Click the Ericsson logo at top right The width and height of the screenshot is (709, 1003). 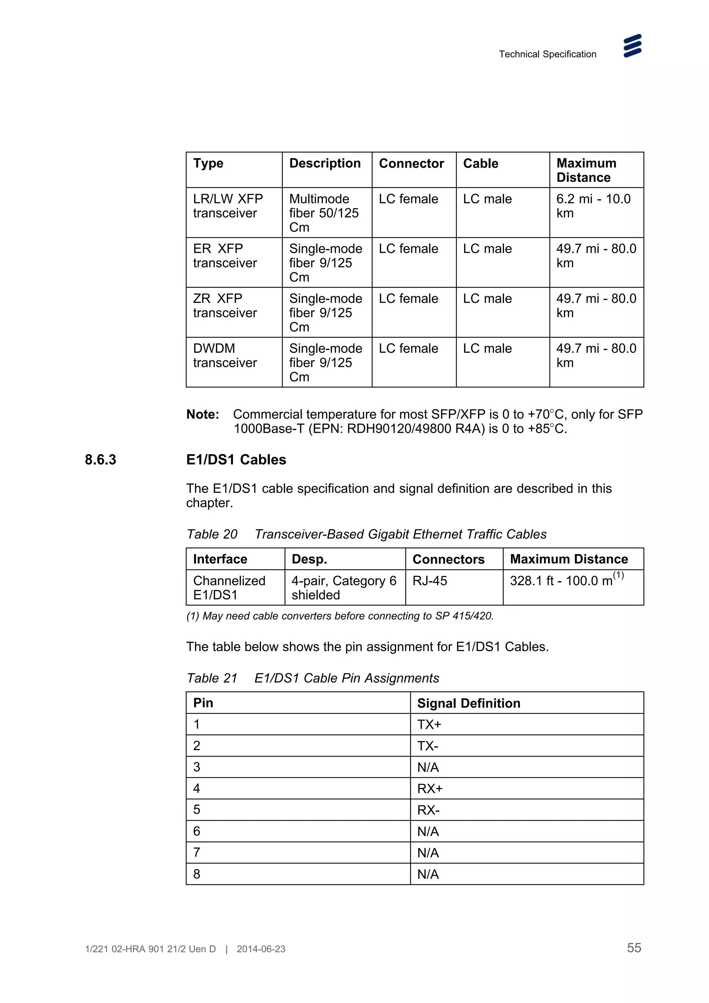(632, 46)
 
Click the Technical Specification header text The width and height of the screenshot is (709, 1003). (547, 54)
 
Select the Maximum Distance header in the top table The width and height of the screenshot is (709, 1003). (586, 170)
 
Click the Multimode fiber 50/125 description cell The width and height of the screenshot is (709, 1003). (324, 213)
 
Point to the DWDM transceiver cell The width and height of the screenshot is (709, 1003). (225, 355)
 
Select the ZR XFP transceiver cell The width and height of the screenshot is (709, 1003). (225, 305)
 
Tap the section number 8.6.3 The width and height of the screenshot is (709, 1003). (100, 460)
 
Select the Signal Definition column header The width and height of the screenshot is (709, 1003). (468, 703)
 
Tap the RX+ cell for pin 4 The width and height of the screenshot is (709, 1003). (430, 788)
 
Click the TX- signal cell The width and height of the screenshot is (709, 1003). (428, 746)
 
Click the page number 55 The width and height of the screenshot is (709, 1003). (634, 948)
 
